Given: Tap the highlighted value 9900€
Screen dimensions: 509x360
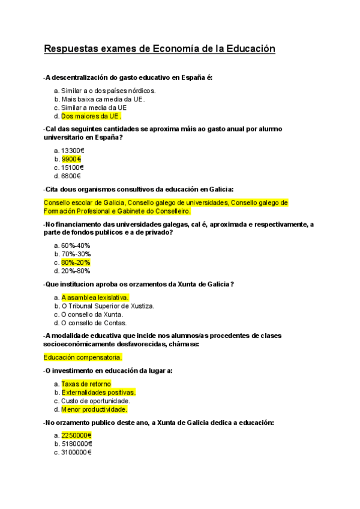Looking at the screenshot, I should pos(71,159).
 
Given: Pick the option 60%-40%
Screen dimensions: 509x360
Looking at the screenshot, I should pos(76,245).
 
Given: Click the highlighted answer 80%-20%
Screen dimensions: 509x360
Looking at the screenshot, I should pos(76,262).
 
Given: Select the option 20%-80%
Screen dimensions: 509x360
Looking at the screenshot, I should pos(76,271).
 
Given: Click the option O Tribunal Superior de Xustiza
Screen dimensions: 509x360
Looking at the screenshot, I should pos(107,306).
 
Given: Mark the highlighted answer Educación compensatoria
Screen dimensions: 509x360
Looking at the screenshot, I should pos(83,357).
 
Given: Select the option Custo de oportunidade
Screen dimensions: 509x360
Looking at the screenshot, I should pos(95,400).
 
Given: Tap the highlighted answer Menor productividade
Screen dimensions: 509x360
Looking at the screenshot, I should pos(94,409).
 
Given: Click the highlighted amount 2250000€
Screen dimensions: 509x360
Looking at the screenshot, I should pos(76,435).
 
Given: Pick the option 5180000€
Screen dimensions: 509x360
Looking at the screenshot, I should pos(76,444).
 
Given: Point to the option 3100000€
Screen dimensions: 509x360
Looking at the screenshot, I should pos(76,453).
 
